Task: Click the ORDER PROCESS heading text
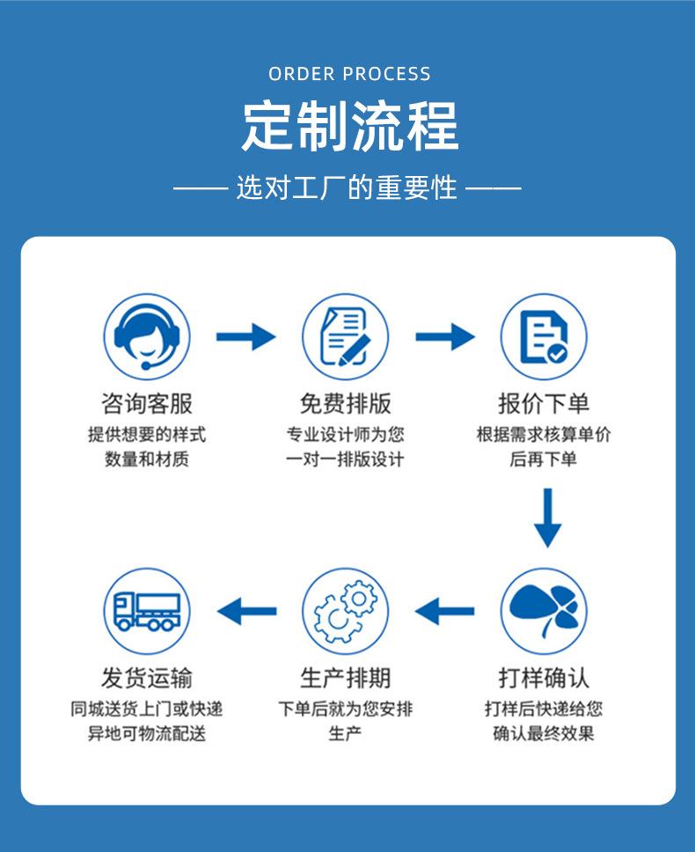[x=349, y=74]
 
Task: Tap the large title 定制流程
[x=349, y=127]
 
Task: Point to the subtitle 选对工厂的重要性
[x=347, y=187]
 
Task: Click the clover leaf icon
[x=544, y=610]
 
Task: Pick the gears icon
[x=345, y=610]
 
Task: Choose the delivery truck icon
[x=147, y=610]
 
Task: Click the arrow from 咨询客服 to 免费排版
[x=245, y=336]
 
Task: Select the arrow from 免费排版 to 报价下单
[x=444, y=336]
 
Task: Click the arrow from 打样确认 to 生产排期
[x=444, y=610]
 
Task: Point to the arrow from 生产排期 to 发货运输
[x=246, y=610]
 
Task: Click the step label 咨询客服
[x=147, y=404]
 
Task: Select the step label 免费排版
[x=345, y=404]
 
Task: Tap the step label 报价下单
[x=544, y=404]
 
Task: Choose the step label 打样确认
[x=544, y=678]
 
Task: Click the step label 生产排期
[x=345, y=678]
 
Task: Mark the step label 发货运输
[x=147, y=678]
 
